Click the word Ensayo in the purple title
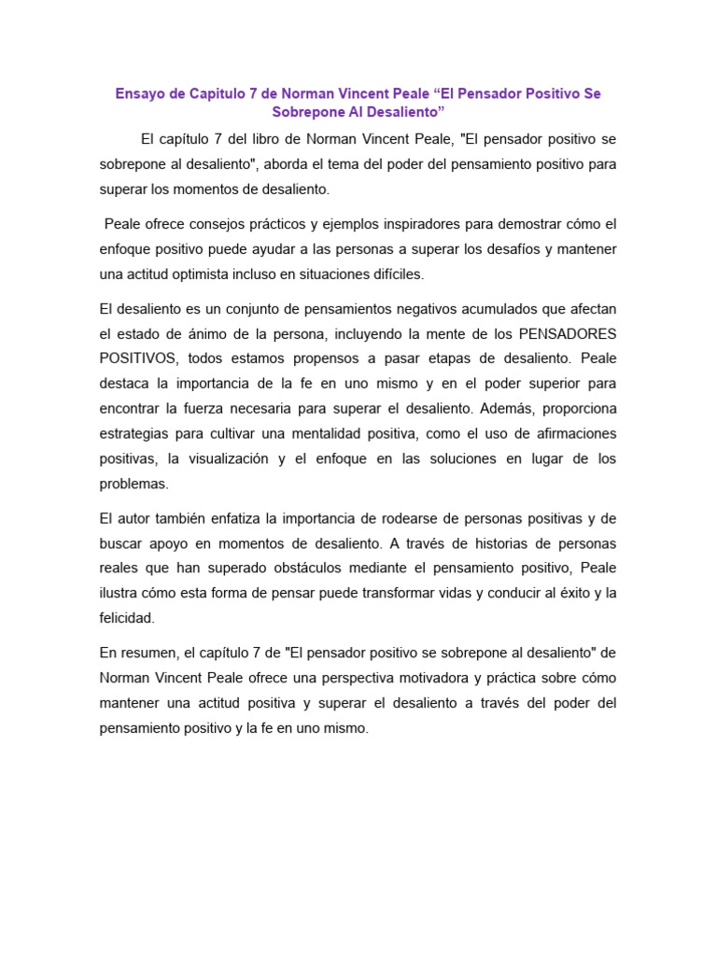(x=140, y=93)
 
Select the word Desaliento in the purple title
(x=401, y=112)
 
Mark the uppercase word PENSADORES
(x=567, y=333)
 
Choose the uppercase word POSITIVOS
(x=138, y=358)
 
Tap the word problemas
(x=134, y=485)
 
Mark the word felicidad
(x=127, y=619)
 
